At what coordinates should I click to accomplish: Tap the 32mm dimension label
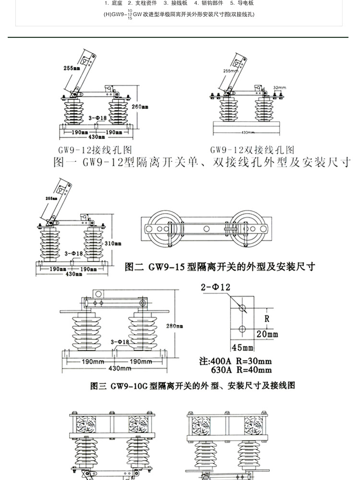[279, 88]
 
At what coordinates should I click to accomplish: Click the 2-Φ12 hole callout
[216, 288]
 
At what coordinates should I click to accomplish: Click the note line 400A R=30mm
[235, 361]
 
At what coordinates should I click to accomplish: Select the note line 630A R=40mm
[241, 370]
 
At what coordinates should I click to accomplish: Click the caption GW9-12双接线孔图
[252, 149]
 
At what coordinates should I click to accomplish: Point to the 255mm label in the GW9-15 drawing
[50, 197]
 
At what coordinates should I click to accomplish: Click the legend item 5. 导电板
[241, 3]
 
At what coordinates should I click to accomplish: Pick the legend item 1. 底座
[113, 3]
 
